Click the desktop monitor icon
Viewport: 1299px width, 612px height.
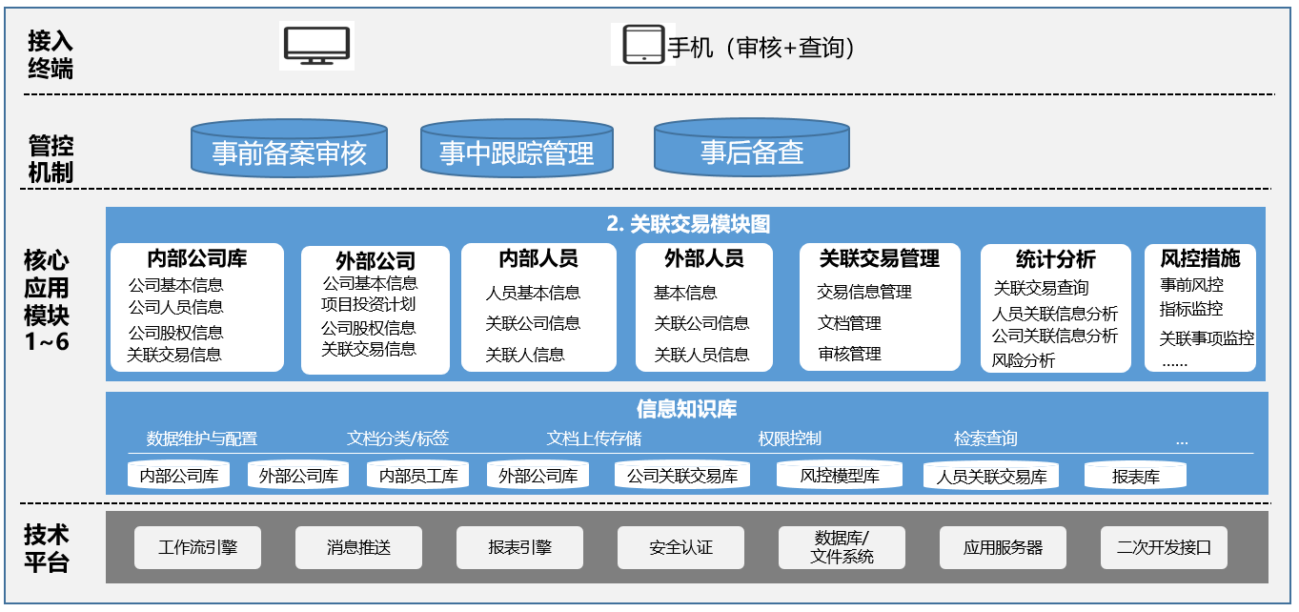coord(316,46)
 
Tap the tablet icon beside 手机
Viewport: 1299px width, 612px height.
coord(643,44)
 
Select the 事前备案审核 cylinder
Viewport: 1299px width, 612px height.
coord(290,148)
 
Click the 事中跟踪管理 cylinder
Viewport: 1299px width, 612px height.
coord(517,148)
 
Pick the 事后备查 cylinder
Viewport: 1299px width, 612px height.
coord(752,148)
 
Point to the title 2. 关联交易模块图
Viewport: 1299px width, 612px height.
coord(688,224)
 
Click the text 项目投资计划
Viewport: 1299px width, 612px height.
coord(368,304)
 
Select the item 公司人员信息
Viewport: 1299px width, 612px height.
coord(175,307)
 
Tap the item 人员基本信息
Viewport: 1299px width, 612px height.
coord(533,293)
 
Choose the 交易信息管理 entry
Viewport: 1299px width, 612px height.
coord(864,292)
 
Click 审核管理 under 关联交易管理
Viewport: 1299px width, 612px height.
coord(849,354)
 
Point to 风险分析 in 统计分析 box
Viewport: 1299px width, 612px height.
coord(1023,361)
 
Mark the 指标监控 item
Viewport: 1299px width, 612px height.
coord(1191,309)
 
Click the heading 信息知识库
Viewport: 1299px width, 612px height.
coord(686,409)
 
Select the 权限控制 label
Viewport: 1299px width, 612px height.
coord(789,439)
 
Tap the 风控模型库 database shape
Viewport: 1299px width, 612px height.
coord(839,475)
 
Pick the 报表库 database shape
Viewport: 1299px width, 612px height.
coord(1135,475)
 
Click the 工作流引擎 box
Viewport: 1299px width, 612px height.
coord(197,547)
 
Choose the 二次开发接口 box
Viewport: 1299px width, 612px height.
coord(1164,547)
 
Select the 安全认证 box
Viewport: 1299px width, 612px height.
coord(680,547)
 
